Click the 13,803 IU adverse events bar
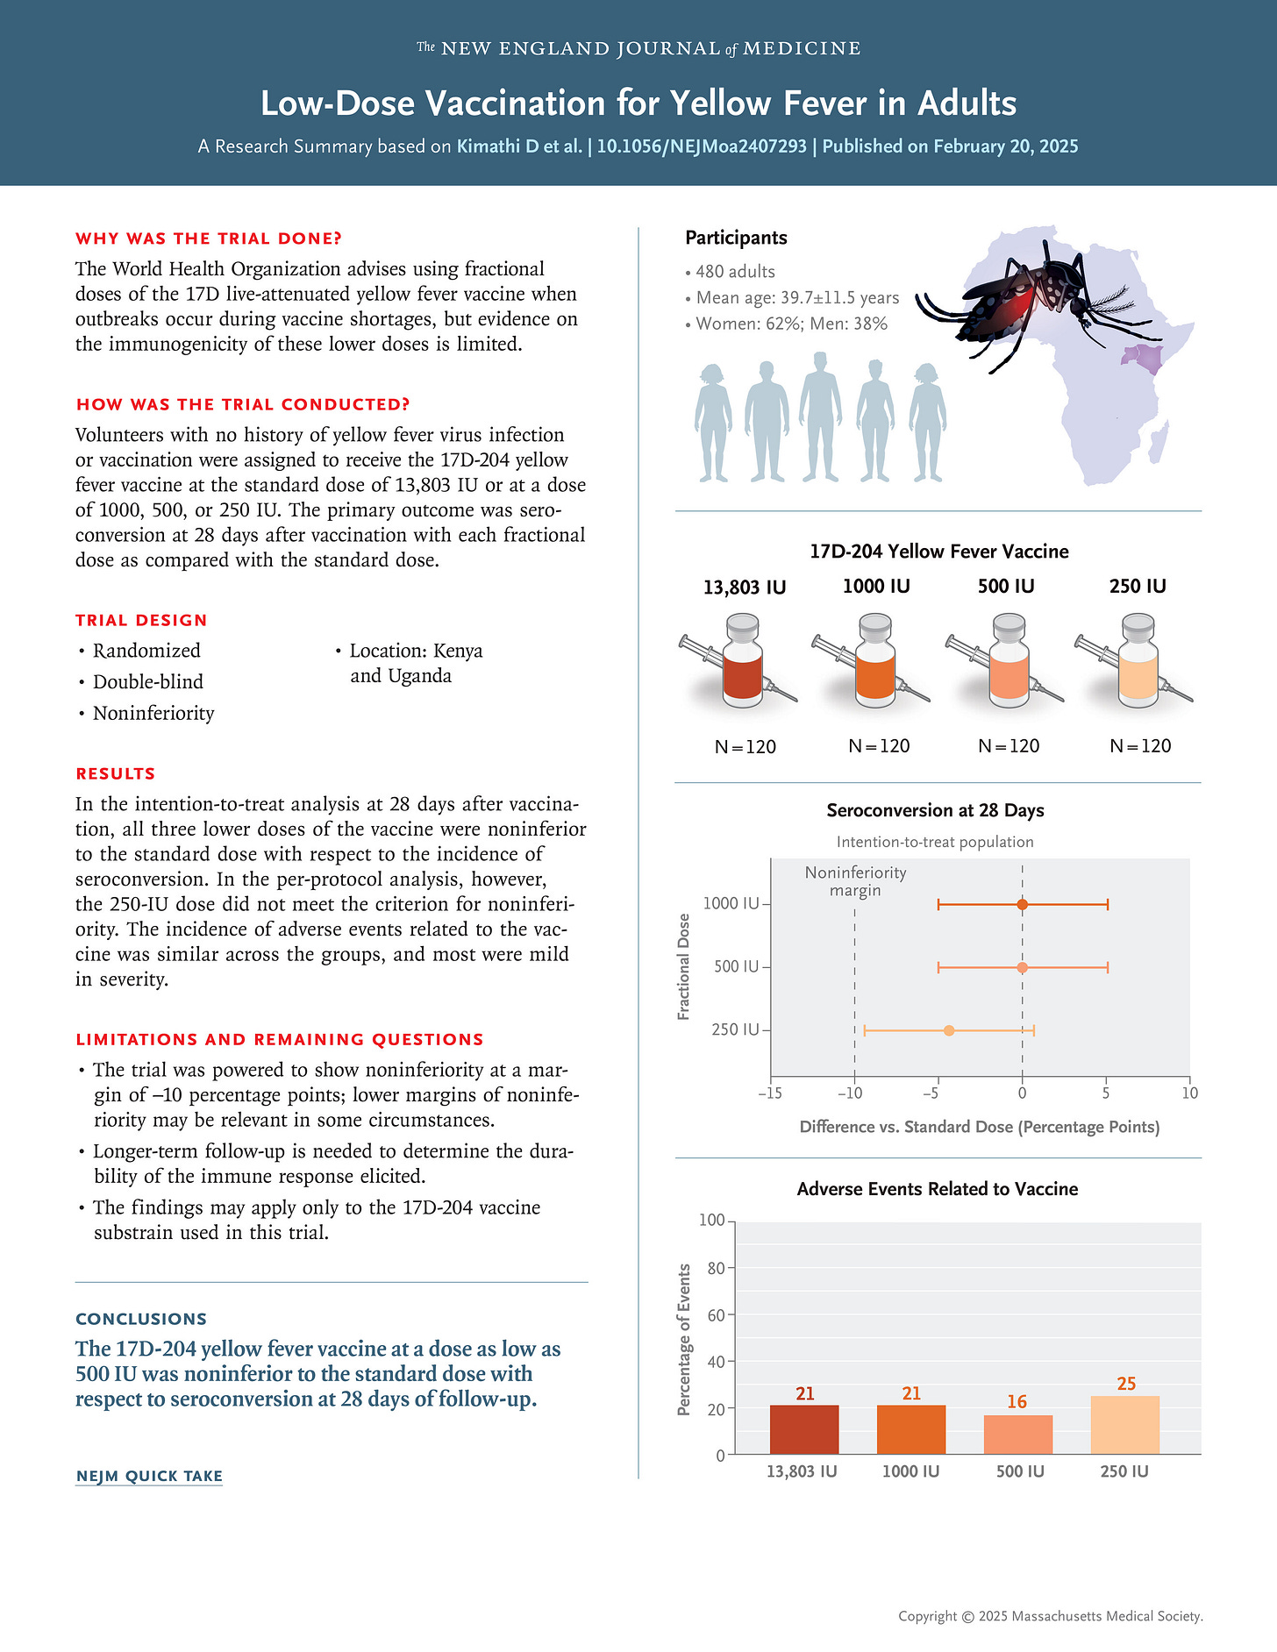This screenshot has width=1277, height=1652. [x=803, y=1429]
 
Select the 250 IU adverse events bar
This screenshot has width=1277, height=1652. [x=1124, y=1425]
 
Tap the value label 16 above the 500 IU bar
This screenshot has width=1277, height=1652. [x=1017, y=1401]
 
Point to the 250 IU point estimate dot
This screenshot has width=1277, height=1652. [x=949, y=1030]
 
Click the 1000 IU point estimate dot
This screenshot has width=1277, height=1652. [x=1022, y=904]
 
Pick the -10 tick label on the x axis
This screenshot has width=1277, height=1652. [x=850, y=1093]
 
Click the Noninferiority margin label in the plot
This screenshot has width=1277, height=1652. [x=855, y=881]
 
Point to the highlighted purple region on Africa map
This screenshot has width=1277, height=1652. [x=1144, y=356]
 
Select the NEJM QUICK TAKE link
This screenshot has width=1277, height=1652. [x=149, y=1476]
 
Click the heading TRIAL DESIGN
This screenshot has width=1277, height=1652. [x=141, y=620]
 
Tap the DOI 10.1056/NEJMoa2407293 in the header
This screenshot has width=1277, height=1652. [x=702, y=146]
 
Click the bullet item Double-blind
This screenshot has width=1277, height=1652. [x=147, y=681]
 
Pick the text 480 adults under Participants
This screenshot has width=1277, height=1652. [x=735, y=272]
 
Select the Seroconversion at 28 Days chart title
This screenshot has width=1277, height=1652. [x=935, y=810]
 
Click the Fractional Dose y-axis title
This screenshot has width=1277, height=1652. [x=684, y=966]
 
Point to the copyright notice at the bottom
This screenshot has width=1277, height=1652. [x=1050, y=1616]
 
